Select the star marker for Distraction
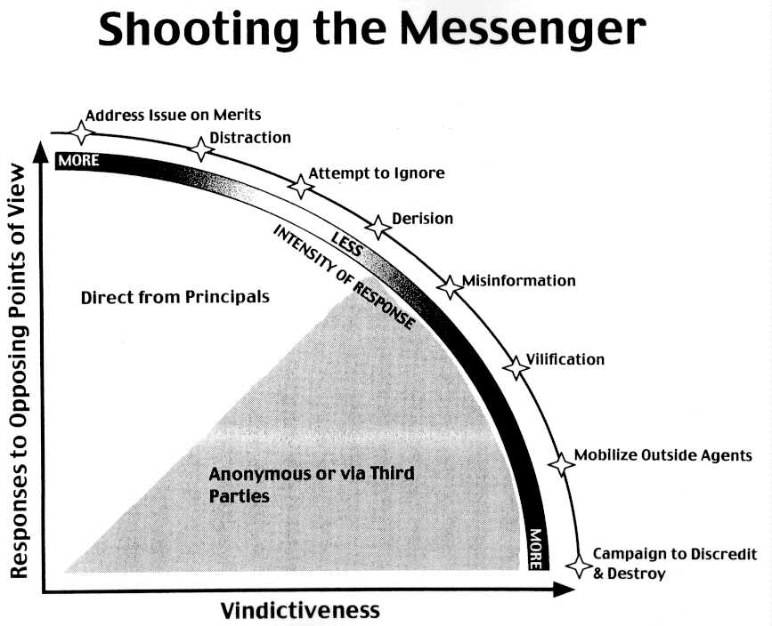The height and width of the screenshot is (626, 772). pyautogui.click(x=202, y=149)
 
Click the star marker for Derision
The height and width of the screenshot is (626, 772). pyautogui.click(x=378, y=227)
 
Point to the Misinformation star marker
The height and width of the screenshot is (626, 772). pyautogui.click(x=450, y=285)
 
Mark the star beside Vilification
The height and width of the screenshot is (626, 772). pyautogui.click(x=516, y=366)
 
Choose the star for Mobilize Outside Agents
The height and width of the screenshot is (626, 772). pyautogui.click(x=561, y=462)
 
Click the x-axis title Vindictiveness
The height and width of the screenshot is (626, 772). pyautogui.click(x=300, y=610)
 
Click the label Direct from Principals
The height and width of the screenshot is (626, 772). pyautogui.click(x=175, y=297)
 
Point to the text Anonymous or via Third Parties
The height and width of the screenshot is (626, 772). pyautogui.click(x=311, y=483)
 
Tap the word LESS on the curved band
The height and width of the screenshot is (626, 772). pyautogui.click(x=345, y=241)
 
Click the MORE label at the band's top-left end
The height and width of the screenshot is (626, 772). pyautogui.click(x=78, y=161)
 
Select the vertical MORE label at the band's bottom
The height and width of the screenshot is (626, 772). pyautogui.click(x=535, y=549)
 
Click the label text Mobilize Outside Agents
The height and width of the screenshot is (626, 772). pyautogui.click(x=663, y=456)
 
